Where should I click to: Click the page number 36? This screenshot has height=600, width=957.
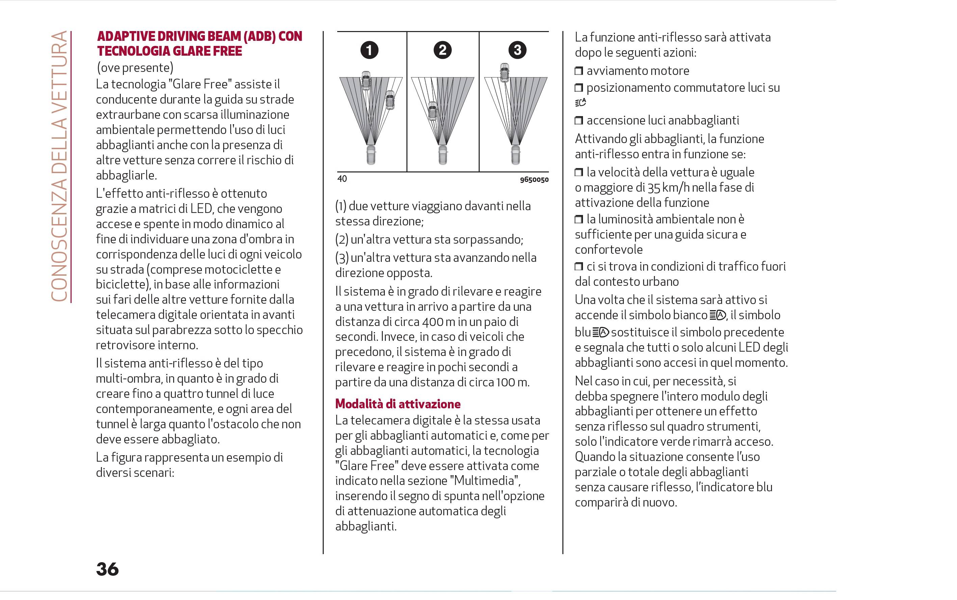coord(107,569)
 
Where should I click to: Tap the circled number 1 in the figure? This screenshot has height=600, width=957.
coord(369,50)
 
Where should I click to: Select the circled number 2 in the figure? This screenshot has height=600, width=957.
coord(443,50)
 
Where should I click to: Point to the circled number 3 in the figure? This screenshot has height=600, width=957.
coord(517,50)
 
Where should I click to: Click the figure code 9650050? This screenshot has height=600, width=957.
coord(534,180)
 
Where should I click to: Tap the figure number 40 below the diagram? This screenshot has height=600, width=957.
coord(342,179)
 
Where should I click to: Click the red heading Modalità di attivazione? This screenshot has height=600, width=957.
coord(398,404)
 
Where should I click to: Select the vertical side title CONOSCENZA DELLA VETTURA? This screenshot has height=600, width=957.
coord(59,167)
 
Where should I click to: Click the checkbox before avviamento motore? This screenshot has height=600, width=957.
coord(579,71)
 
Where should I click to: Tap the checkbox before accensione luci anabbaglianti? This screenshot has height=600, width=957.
coord(579,120)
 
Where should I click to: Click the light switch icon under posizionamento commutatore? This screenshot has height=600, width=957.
coord(580,103)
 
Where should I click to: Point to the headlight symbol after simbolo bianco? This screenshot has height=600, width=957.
coord(718,316)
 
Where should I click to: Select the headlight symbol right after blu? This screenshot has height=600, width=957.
coord(601,332)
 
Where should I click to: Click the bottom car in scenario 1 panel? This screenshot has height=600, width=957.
coord(370,155)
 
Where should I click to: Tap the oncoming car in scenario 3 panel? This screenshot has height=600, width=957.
coord(504,73)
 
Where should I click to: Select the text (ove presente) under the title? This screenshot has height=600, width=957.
coord(135,68)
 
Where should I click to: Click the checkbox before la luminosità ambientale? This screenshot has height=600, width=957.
coord(579,219)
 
